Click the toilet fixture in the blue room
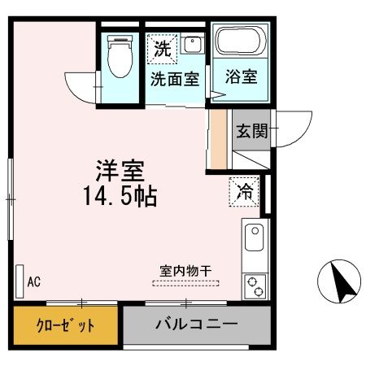click(121, 57)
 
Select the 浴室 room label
click(241, 76)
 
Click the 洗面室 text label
click(174, 79)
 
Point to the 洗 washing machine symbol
click(163, 48)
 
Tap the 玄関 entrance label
click(251, 131)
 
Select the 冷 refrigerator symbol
click(244, 192)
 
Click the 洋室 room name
click(120, 172)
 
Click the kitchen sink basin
click(254, 238)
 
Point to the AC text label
click(34, 282)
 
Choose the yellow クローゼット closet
click(64, 325)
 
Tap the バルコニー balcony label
click(197, 325)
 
